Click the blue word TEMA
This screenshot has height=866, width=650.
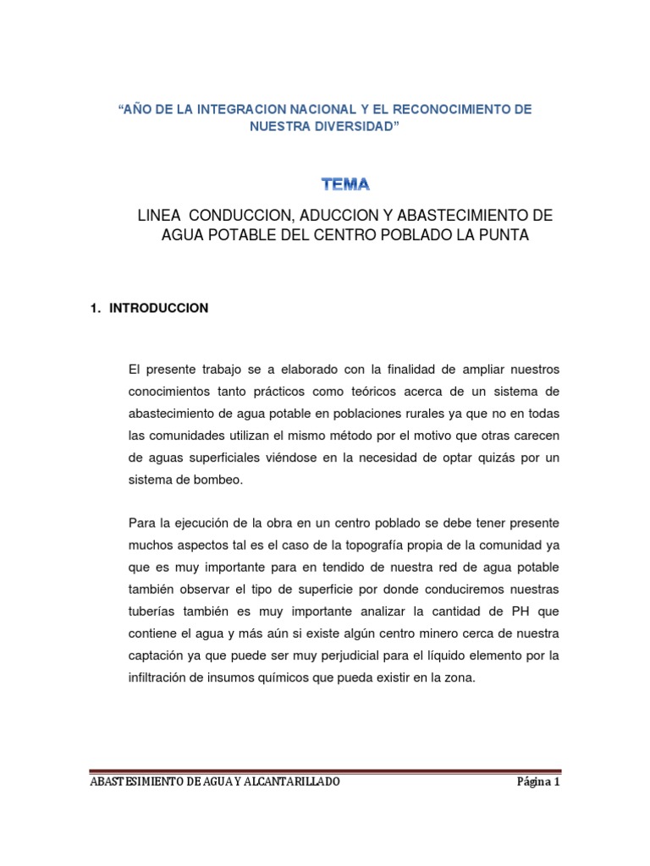click(x=345, y=183)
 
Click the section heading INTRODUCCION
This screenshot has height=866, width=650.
click(x=158, y=309)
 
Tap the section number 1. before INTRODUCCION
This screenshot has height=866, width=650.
click(x=96, y=309)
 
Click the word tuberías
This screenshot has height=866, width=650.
click(x=152, y=611)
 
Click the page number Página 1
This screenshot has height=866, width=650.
click(x=538, y=782)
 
